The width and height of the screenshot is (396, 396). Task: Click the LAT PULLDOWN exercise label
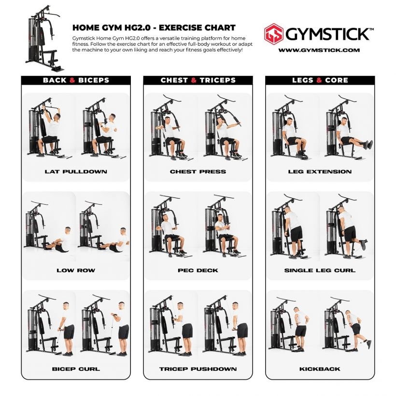coord(76,171)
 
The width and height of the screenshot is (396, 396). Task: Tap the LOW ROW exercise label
coord(76,270)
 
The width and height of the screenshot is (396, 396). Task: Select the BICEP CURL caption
coord(76,369)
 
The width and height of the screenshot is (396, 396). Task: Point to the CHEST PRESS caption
coord(198,171)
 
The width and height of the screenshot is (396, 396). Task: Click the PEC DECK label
coord(198,270)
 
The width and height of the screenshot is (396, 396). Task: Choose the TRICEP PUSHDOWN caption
coord(198,369)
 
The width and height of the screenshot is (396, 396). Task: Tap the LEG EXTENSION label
coord(320,171)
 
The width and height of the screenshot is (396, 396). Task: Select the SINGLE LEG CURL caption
coord(320,270)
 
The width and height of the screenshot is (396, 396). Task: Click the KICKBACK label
coord(320,369)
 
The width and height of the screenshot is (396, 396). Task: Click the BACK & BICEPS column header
coord(76,80)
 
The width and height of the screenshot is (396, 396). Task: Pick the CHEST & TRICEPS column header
coord(198,80)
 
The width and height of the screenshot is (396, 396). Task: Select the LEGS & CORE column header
coord(320,80)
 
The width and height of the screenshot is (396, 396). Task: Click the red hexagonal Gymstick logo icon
coord(274,34)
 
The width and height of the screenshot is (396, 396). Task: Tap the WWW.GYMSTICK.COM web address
coord(319,50)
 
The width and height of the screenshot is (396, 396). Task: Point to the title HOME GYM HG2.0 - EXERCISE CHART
coord(154,28)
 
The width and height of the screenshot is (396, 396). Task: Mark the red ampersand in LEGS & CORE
coord(319,80)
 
